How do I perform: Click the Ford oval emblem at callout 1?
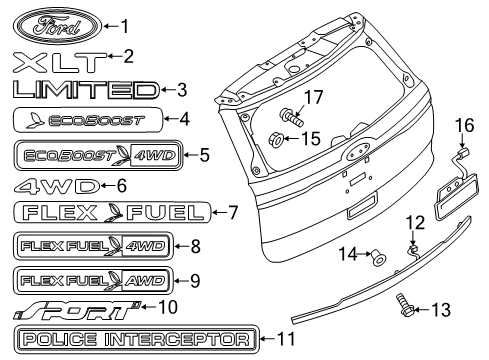(x=57, y=26)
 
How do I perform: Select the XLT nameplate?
(x=60, y=62)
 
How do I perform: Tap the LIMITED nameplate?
(x=86, y=90)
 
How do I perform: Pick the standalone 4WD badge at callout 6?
(x=57, y=186)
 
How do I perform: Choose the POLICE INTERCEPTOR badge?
(x=137, y=339)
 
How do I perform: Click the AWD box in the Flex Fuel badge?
(x=145, y=281)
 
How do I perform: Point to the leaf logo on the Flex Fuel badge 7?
(x=113, y=212)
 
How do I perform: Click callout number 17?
(x=314, y=97)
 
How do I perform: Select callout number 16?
(x=464, y=125)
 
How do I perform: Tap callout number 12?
(x=415, y=223)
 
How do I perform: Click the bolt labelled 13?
(x=405, y=305)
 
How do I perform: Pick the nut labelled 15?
(x=275, y=139)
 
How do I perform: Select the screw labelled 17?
(x=291, y=117)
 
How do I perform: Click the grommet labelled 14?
(x=378, y=257)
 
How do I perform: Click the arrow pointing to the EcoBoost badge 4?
(x=172, y=119)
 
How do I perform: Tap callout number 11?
(x=286, y=339)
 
